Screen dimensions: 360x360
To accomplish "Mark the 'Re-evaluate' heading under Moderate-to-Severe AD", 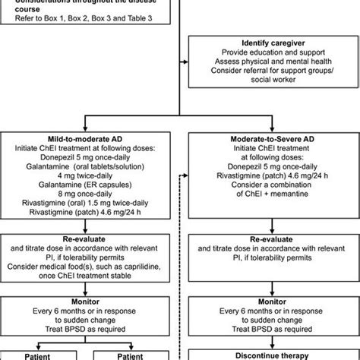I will (x=271, y=238).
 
